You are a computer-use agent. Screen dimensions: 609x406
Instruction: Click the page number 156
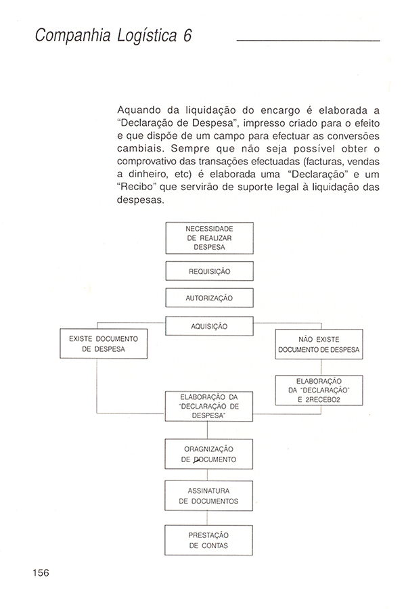point(40,572)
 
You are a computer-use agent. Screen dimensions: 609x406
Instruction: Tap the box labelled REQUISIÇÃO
point(209,271)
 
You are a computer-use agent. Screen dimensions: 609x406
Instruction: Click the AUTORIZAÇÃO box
point(209,298)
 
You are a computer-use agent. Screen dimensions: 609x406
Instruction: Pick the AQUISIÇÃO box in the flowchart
point(209,326)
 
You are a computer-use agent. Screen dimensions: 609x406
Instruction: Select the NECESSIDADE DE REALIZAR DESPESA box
point(209,238)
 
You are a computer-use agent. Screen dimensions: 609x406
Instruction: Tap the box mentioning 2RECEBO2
point(319,390)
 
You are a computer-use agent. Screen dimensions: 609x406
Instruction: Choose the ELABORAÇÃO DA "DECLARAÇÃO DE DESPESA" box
point(209,407)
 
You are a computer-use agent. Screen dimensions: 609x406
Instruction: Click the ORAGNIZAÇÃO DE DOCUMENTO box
point(209,454)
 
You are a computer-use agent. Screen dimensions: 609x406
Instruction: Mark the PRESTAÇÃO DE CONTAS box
point(209,539)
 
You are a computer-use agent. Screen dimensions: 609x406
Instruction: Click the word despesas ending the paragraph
point(139,202)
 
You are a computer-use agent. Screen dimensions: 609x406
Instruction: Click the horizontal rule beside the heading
point(308,41)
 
